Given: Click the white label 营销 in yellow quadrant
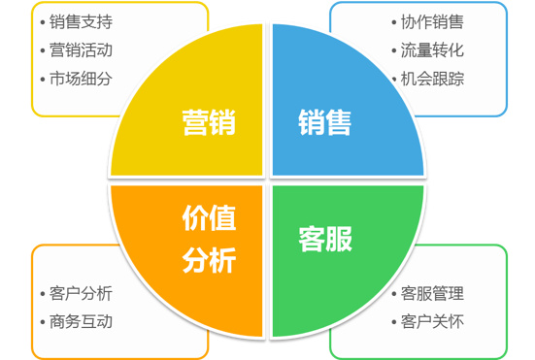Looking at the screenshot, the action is click(x=209, y=123).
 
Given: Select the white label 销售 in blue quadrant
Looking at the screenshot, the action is click(x=324, y=123).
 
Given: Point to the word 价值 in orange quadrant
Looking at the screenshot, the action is click(x=209, y=220).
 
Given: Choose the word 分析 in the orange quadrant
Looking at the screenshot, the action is click(x=209, y=259).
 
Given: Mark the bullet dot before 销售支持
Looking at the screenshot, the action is click(x=43, y=22).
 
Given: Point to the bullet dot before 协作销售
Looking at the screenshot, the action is click(x=393, y=22).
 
